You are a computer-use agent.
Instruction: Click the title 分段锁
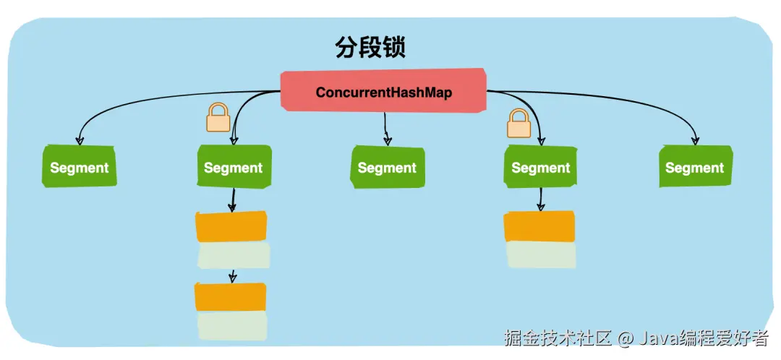pos(370,48)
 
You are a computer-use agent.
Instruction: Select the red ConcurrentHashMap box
pos(383,92)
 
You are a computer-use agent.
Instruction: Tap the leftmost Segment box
pos(80,168)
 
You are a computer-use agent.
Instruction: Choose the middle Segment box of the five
pos(387,168)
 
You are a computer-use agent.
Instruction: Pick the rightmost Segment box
pos(695,168)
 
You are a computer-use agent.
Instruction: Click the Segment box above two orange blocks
pos(233,168)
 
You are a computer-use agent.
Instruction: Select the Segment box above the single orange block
pos(540,168)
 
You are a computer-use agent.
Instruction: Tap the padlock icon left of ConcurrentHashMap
pos(218,118)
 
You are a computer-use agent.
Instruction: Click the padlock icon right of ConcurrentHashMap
pos(518,123)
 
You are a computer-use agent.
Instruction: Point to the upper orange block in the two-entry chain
pos(231,226)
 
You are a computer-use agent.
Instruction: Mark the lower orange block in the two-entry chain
pos(231,297)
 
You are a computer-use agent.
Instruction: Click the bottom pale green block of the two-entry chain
pos(231,326)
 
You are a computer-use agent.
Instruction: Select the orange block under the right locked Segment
pos(539,226)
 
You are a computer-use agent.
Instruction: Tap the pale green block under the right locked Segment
pos(541,255)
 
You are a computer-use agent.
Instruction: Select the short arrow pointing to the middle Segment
pos(387,130)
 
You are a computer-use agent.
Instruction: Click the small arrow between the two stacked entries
pos(232,275)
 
